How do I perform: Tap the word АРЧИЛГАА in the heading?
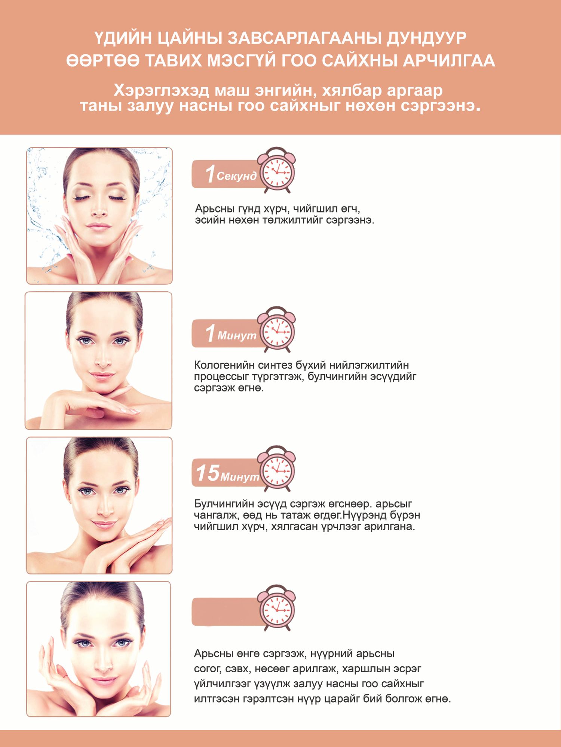click(x=449, y=61)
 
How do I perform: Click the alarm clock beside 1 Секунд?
click(x=277, y=170)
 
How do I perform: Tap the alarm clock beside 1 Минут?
click(x=277, y=329)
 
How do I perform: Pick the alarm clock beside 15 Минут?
click(x=277, y=468)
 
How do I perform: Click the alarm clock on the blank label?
click(x=277, y=608)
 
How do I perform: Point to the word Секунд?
click(x=237, y=176)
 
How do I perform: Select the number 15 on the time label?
click(x=208, y=473)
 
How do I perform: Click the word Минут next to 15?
click(x=240, y=477)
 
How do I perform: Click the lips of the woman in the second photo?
click(x=101, y=375)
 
